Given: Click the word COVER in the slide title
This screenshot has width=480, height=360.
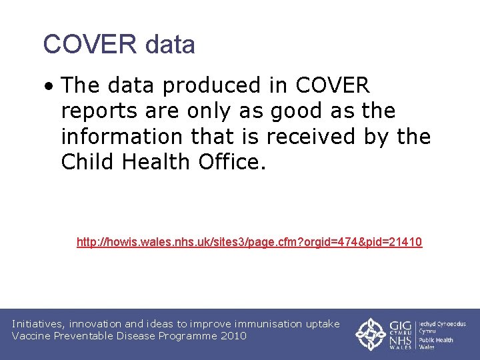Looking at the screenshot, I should click(89, 45).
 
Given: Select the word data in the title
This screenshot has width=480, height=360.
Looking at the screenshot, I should click(169, 45).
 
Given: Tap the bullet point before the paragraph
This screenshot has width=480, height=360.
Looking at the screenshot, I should click(51, 86).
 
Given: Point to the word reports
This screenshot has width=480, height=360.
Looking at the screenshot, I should click(99, 111).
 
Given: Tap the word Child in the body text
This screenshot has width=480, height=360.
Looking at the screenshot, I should click(87, 162).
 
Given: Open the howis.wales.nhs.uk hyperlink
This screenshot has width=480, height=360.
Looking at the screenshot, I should click(249, 242).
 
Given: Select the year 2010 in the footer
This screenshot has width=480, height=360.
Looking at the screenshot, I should click(233, 336).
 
